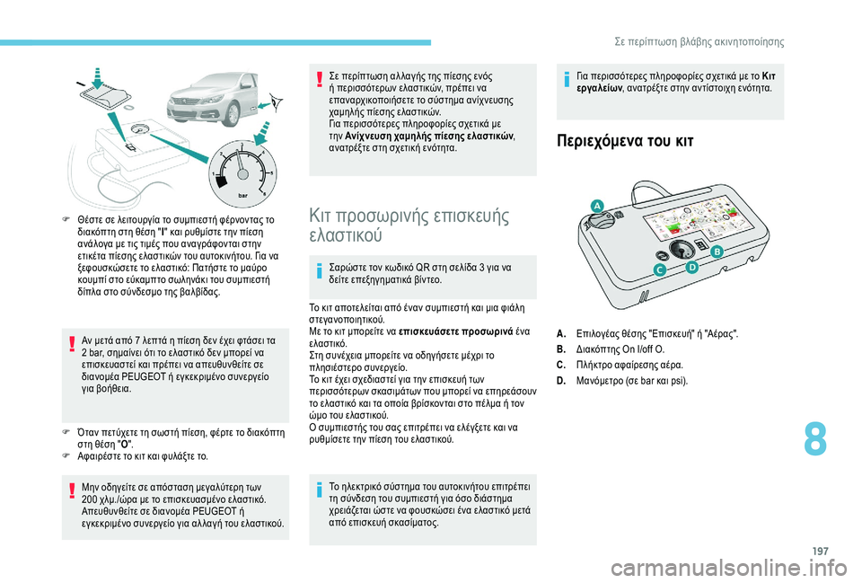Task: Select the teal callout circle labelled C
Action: coord(659,269)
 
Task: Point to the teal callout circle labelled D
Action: coord(691,268)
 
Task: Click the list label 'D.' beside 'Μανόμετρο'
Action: coord(562,380)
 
